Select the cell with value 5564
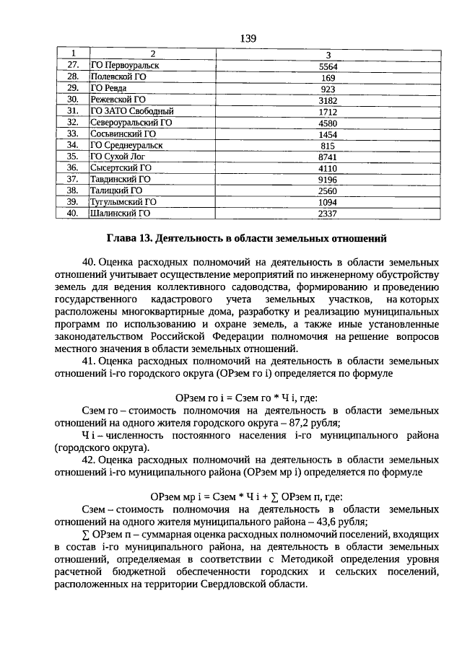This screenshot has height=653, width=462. pos(328,66)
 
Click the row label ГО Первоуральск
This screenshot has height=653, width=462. pos(124,65)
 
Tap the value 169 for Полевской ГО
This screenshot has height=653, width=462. pos(328,77)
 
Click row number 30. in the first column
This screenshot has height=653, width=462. pos(72,100)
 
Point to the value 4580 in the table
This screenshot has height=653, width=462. pos(328,123)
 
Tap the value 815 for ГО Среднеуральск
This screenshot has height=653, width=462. pos(328,146)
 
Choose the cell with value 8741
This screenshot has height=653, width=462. pos(328,157)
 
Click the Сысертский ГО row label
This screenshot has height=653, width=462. pos(121,167)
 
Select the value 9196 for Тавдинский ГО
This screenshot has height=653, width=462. pos(328,180)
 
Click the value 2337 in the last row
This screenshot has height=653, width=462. pos(328,214)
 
